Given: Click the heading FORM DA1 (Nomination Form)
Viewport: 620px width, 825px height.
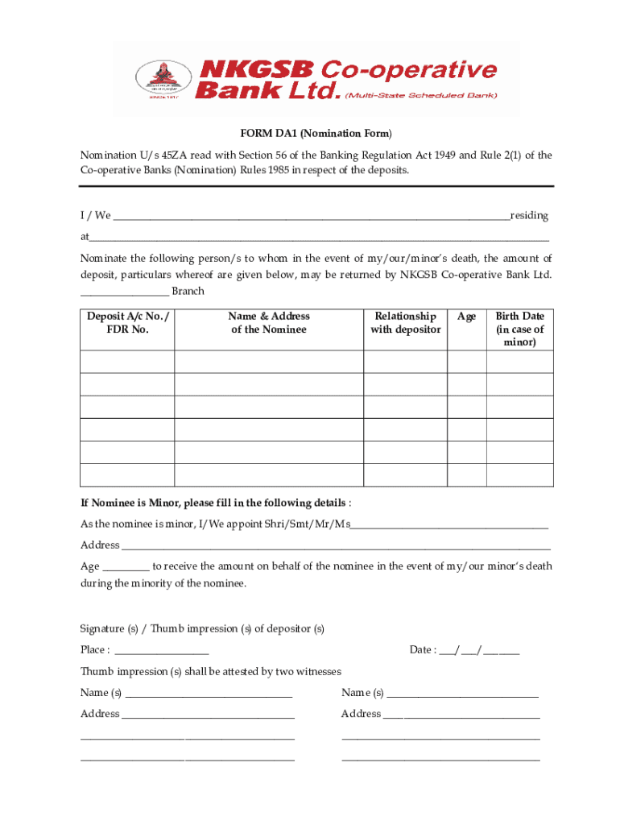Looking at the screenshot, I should [x=315, y=133].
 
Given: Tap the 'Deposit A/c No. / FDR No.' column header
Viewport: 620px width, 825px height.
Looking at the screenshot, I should [x=127, y=323].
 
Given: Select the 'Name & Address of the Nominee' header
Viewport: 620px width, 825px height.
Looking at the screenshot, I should [x=269, y=323].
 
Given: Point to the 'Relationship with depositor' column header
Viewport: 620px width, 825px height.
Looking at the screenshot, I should [x=405, y=323].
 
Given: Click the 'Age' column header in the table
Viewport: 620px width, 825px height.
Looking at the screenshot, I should [x=466, y=317].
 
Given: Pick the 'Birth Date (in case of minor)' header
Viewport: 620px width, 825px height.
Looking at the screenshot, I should [x=519, y=329].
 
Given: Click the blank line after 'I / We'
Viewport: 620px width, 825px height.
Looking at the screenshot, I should [x=312, y=217].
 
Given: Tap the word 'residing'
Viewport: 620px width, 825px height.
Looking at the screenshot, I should [x=529, y=216].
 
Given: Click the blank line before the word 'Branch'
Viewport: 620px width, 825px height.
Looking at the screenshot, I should [x=124, y=292].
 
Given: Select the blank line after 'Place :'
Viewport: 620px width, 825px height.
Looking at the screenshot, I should [x=162, y=651].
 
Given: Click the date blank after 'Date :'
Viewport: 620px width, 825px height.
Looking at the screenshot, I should [x=479, y=651].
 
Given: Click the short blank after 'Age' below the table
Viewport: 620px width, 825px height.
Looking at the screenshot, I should [x=126, y=567].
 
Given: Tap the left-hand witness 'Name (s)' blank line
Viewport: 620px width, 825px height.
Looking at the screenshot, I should [x=209, y=694].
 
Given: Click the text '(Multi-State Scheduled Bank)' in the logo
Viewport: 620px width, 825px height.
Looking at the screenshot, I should [x=421, y=95].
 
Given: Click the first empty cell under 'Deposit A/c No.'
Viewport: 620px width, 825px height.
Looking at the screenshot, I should [x=127, y=363].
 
